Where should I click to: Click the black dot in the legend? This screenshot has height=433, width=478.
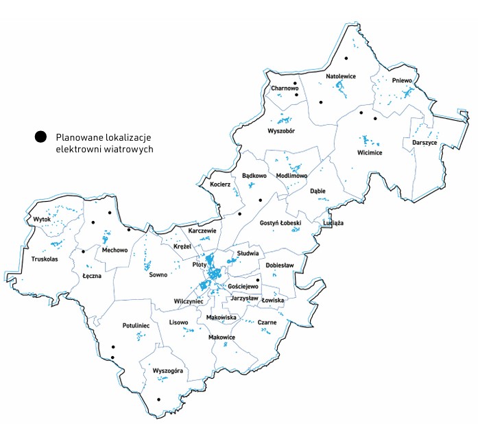[x=42, y=137]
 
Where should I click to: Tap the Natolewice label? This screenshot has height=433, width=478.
[x=341, y=76]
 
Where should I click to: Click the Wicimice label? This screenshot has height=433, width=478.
[x=370, y=152]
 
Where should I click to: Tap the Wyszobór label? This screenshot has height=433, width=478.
[x=281, y=130]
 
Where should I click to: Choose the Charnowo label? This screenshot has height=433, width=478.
[x=285, y=89]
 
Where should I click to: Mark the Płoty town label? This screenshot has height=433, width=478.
[x=200, y=264]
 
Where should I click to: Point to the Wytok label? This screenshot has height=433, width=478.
[x=42, y=220]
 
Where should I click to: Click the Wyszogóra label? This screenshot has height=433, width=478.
[x=168, y=371]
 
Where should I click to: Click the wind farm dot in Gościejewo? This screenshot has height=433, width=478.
[x=258, y=280]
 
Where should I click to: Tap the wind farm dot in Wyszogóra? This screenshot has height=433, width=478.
[x=158, y=399]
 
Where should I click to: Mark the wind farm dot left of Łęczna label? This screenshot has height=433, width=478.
[x=83, y=251]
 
